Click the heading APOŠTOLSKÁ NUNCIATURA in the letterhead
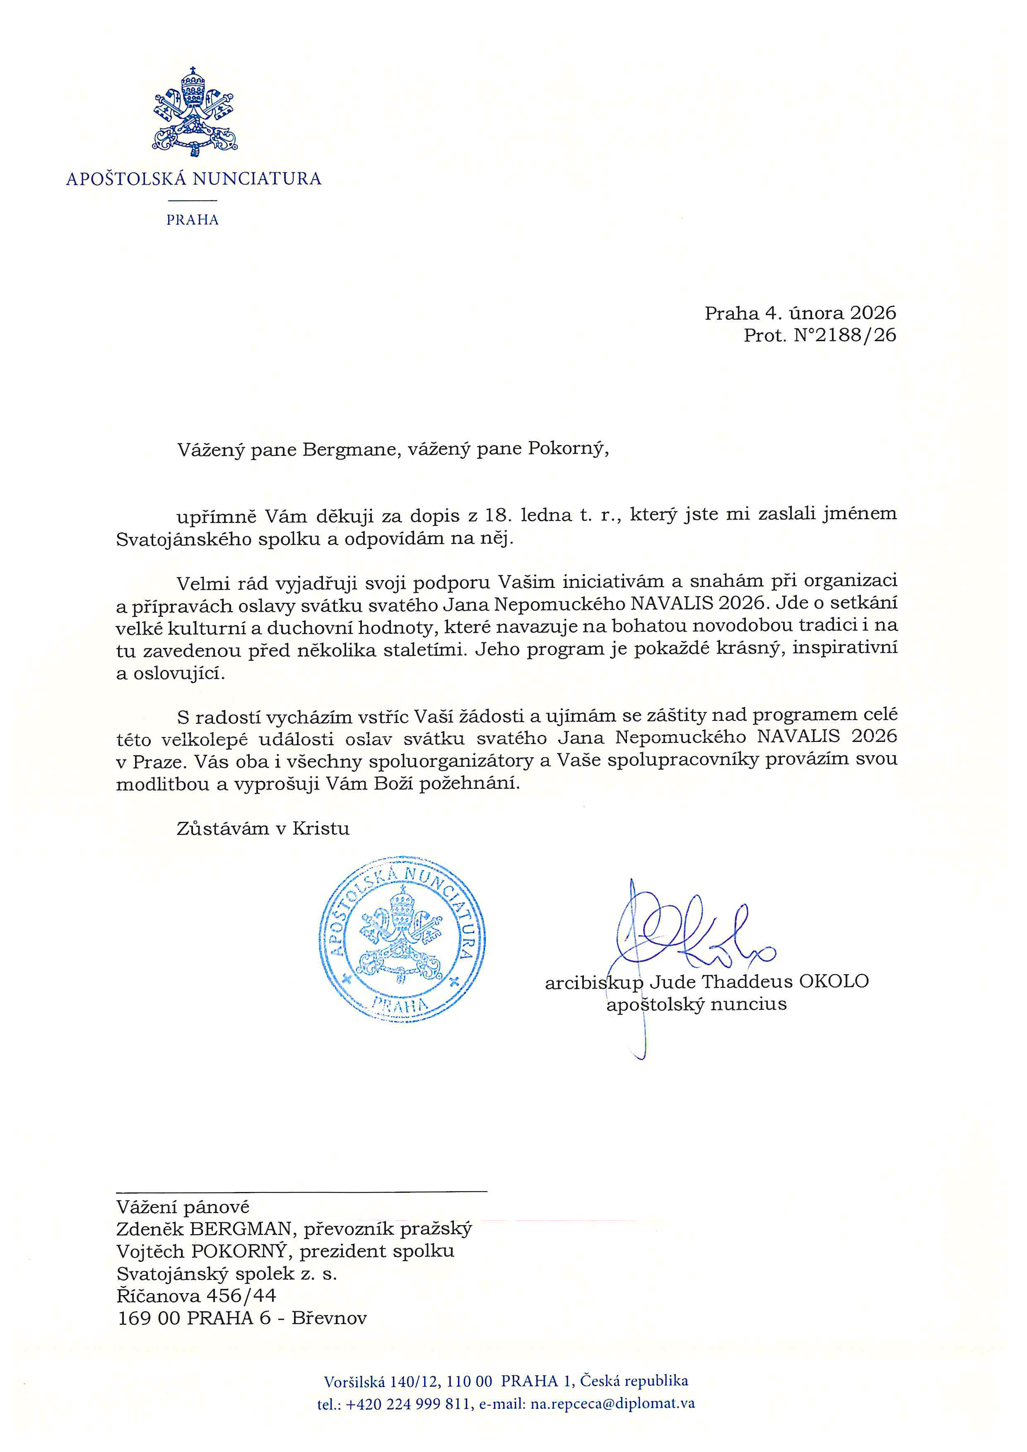193,179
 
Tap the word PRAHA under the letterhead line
192,220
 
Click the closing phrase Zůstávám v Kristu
263,829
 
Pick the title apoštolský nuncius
696,1004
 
